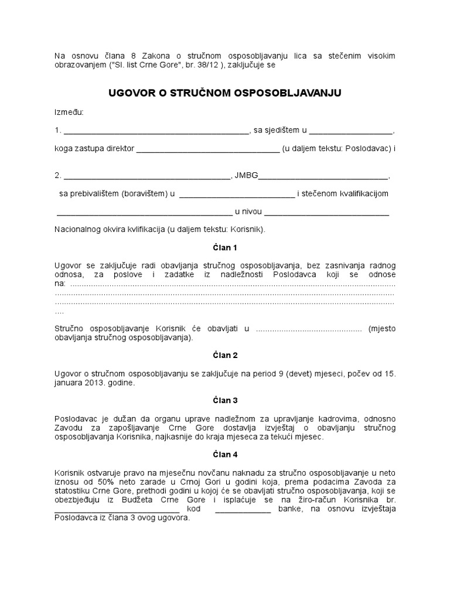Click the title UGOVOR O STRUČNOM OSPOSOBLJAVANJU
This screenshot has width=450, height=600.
pyautogui.click(x=224, y=93)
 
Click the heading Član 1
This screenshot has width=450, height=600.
pyautogui.click(x=224, y=248)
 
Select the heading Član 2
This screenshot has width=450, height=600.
pyautogui.click(x=224, y=355)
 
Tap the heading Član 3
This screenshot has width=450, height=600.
pyautogui.click(x=224, y=401)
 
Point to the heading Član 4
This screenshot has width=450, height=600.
pyautogui.click(x=224, y=454)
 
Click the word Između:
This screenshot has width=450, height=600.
pyautogui.click(x=69, y=111)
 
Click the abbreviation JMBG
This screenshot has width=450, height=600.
pyautogui.click(x=246, y=175)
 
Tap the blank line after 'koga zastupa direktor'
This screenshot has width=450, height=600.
pyautogui.click(x=208, y=149)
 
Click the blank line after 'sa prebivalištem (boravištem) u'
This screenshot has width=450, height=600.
pyautogui.click(x=237, y=194)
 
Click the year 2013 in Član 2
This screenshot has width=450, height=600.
pyautogui.click(x=98, y=383)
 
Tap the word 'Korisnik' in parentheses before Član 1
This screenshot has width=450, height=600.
pyautogui.click(x=247, y=230)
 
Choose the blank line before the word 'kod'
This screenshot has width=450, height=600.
pyautogui.click(x=117, y=510)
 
